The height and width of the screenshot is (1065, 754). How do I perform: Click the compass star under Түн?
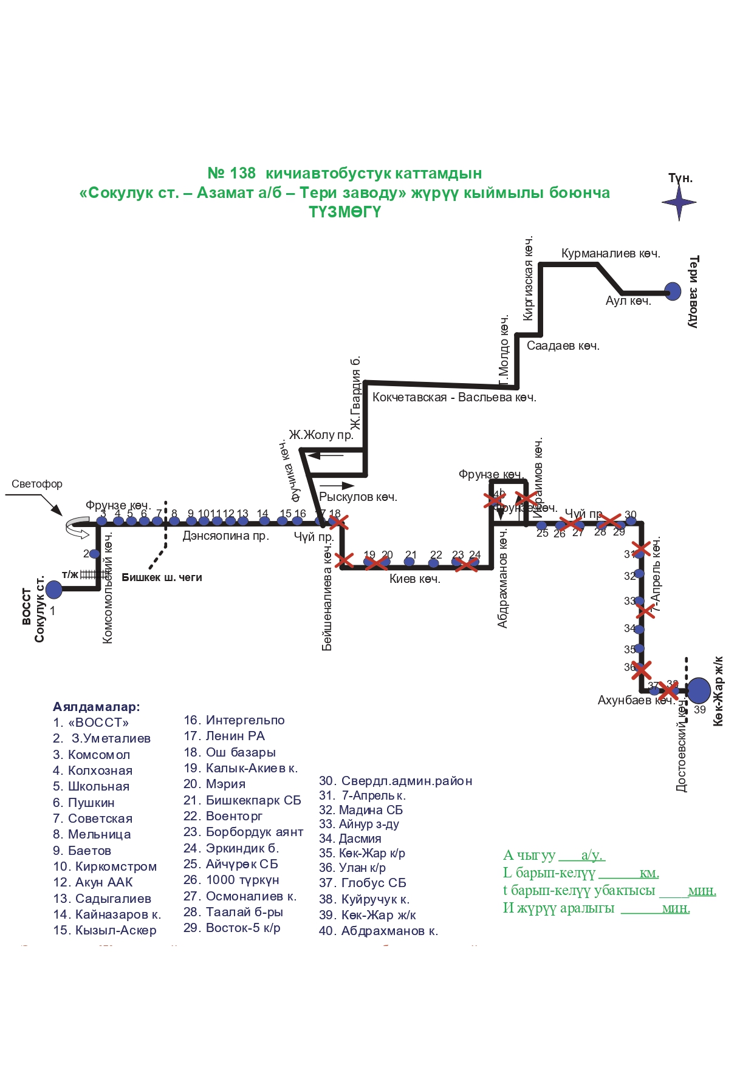679,203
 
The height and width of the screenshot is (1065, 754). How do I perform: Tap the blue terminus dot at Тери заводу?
672,291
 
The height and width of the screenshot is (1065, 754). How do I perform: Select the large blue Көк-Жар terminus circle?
699,690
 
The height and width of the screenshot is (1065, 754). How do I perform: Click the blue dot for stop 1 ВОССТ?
54,589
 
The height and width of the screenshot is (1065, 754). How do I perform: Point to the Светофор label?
37,484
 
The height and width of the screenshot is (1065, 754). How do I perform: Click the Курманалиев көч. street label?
610,253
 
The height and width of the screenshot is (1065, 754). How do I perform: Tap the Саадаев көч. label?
563,346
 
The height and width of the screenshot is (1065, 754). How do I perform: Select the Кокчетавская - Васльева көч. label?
454,398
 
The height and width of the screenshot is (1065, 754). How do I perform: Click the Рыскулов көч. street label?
358,497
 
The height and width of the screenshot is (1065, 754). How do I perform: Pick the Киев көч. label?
414,579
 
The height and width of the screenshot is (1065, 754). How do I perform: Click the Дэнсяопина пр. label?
225,536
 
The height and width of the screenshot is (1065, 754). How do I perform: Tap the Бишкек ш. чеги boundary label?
162,577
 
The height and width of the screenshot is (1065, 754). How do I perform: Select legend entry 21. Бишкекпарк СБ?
242,800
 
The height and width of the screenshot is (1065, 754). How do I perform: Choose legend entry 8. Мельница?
92,834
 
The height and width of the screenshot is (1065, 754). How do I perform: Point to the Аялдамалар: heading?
96,707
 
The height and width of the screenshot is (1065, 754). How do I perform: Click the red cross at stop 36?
641,670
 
